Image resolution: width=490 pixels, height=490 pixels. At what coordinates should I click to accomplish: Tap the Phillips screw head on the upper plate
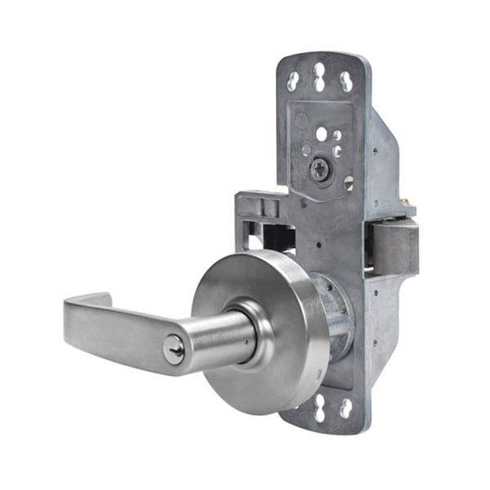319,170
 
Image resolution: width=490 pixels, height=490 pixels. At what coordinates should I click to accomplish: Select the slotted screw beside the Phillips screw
349,182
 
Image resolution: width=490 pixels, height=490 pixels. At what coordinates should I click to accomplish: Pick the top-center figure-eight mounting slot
319,77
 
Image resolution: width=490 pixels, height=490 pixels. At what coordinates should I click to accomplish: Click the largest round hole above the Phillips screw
322,133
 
